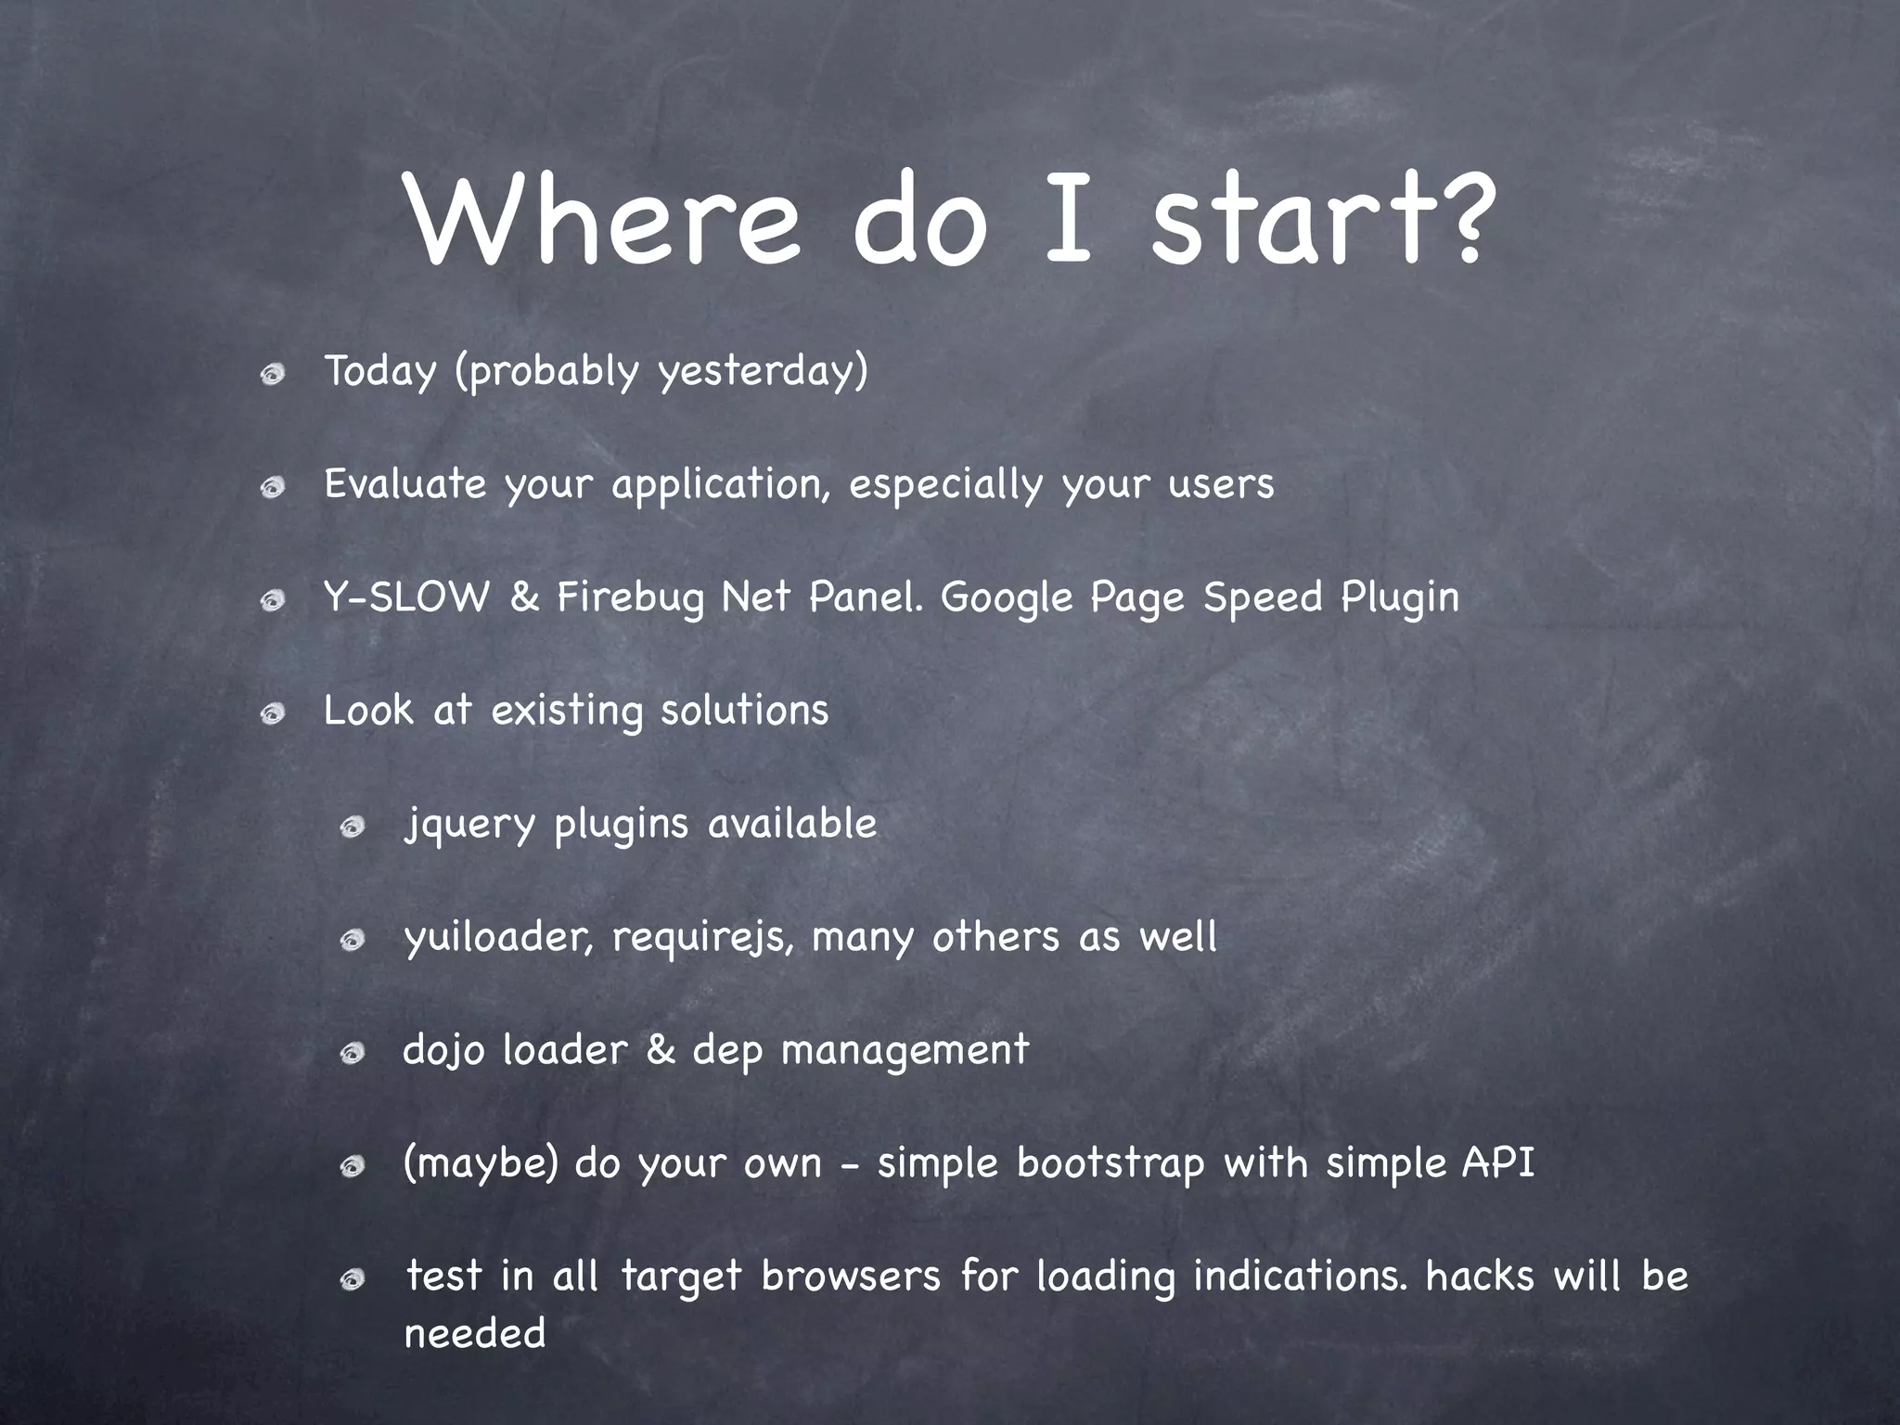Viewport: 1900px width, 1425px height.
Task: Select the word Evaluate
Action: [404, 483]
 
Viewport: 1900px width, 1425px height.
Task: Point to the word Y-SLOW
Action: [405, 597]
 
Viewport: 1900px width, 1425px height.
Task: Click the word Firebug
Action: [631, 598]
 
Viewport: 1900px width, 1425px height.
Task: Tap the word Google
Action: [1007, 598]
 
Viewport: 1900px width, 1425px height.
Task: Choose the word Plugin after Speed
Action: [1400, 598]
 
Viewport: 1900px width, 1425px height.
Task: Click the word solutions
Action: [744, 711]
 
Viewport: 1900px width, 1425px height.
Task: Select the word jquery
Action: [469, 825]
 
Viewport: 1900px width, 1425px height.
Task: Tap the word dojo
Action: [443, 1051]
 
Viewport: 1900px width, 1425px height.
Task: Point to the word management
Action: [905, 1051]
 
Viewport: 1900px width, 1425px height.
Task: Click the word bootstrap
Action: [1110, 1164]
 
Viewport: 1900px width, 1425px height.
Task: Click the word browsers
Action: [851, 1277]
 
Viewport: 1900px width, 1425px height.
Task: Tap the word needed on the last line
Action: [475, 1334]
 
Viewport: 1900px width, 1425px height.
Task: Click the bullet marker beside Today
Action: [272, 375]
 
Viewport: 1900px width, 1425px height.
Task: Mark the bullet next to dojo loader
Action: [352, 1054]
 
